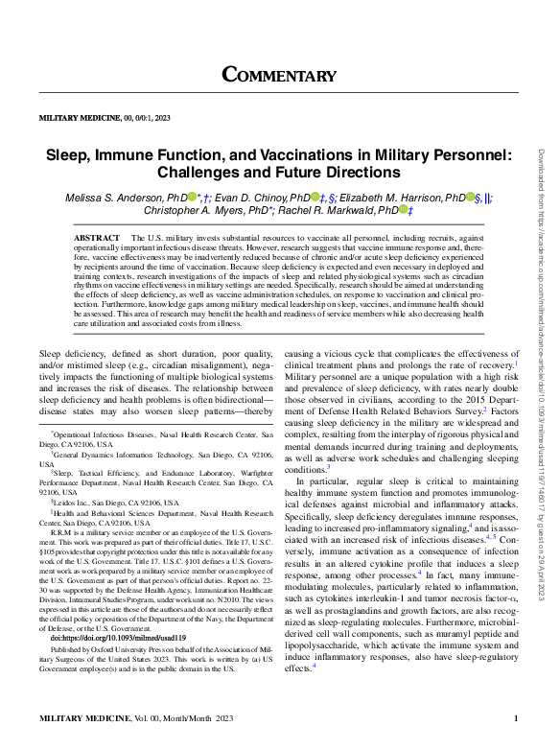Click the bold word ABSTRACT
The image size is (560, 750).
97,236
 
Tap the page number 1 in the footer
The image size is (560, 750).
515,718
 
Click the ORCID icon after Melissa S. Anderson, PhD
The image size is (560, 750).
192,197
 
